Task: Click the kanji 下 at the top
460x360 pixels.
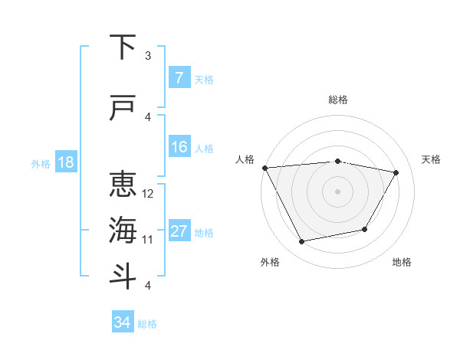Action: point(123,48)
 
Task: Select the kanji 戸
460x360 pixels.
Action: point(123,109)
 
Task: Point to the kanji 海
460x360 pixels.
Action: point(123,230)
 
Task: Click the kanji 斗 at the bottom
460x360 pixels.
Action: point(123,276)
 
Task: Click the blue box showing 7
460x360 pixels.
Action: point(179,78)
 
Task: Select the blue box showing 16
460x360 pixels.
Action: point(179,147)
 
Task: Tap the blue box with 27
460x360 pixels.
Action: point(179,231)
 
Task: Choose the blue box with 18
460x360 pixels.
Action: point(65,162)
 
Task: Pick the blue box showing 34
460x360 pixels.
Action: point(123,322)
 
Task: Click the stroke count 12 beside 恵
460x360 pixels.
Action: point(148,194)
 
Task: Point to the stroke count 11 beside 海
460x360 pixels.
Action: point(148,240)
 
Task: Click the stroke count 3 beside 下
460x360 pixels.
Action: point(148,56)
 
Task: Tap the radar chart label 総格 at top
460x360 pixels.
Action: point(338,100)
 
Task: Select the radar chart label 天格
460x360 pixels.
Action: point(431,159)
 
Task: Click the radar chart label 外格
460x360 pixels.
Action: point(270,263)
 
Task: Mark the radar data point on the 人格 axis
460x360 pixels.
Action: point(264,167)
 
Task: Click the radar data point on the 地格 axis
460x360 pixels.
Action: point(365,229)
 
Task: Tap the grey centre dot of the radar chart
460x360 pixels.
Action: point(337,191)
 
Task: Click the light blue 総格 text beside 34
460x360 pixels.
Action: point(147,324)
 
